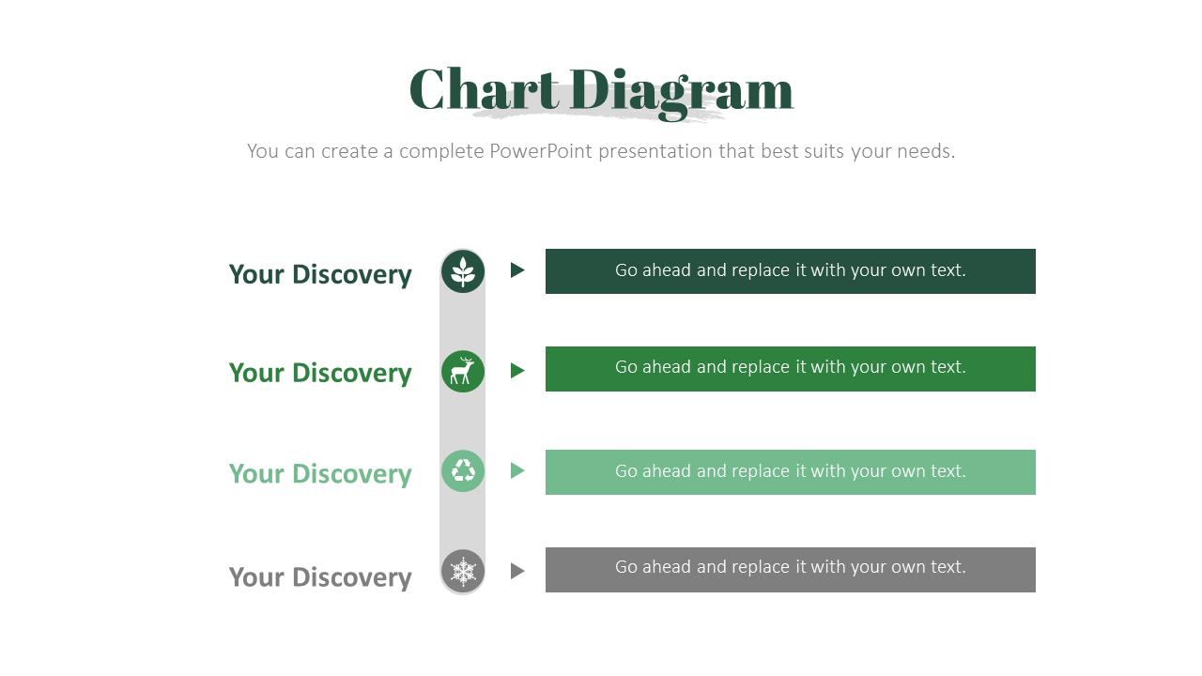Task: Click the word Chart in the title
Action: pos(485,90)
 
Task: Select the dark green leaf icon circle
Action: pos(463,271)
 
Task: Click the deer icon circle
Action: pos(463,372)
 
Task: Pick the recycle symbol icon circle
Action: pos(463,470)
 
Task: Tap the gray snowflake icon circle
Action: pos(463,570)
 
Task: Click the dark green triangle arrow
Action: pos(516,270)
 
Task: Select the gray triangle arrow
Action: pos(516,571)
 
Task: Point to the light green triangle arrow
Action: pos(516,470)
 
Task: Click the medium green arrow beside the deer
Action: pos(516,371)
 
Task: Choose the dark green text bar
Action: pos(790,271)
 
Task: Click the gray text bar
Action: pos(790,570)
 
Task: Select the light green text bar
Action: pos(790,472)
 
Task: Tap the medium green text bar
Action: pos(790,369)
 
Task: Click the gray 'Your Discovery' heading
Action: pos(320,576)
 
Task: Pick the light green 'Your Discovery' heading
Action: pos(320,473)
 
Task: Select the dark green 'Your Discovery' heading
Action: pos(320,274)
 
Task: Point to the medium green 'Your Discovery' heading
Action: pos(320,373)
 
